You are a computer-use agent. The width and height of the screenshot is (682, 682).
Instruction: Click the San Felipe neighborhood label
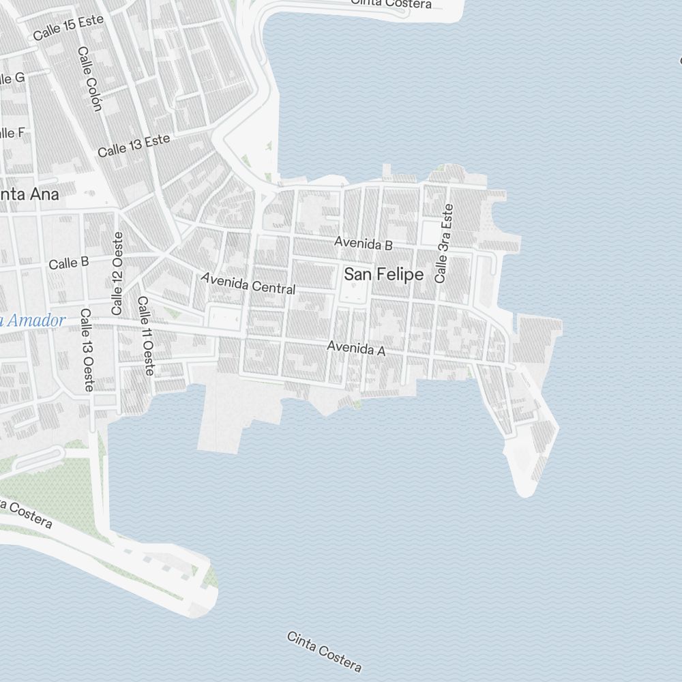383,275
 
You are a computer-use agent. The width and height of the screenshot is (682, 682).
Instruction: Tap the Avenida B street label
363,243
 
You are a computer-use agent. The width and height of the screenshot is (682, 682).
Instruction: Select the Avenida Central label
248,283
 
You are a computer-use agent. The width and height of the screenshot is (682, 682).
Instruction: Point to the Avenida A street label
356,349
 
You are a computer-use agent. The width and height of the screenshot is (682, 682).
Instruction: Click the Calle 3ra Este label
444,243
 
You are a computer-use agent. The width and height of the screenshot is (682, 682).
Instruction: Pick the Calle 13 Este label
133,145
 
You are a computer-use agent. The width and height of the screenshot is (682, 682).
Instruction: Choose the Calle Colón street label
89,78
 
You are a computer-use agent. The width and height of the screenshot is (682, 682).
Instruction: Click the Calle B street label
68,263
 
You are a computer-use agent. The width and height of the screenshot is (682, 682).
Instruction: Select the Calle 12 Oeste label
117,273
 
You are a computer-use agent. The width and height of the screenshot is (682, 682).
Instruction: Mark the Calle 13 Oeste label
87,350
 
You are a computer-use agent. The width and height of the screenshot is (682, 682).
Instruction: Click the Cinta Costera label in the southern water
324,651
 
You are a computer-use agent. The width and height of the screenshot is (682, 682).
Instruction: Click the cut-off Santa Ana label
29,194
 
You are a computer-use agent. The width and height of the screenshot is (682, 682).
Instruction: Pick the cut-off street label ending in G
12,78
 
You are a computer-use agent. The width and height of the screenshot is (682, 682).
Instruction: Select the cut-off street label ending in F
12,133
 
